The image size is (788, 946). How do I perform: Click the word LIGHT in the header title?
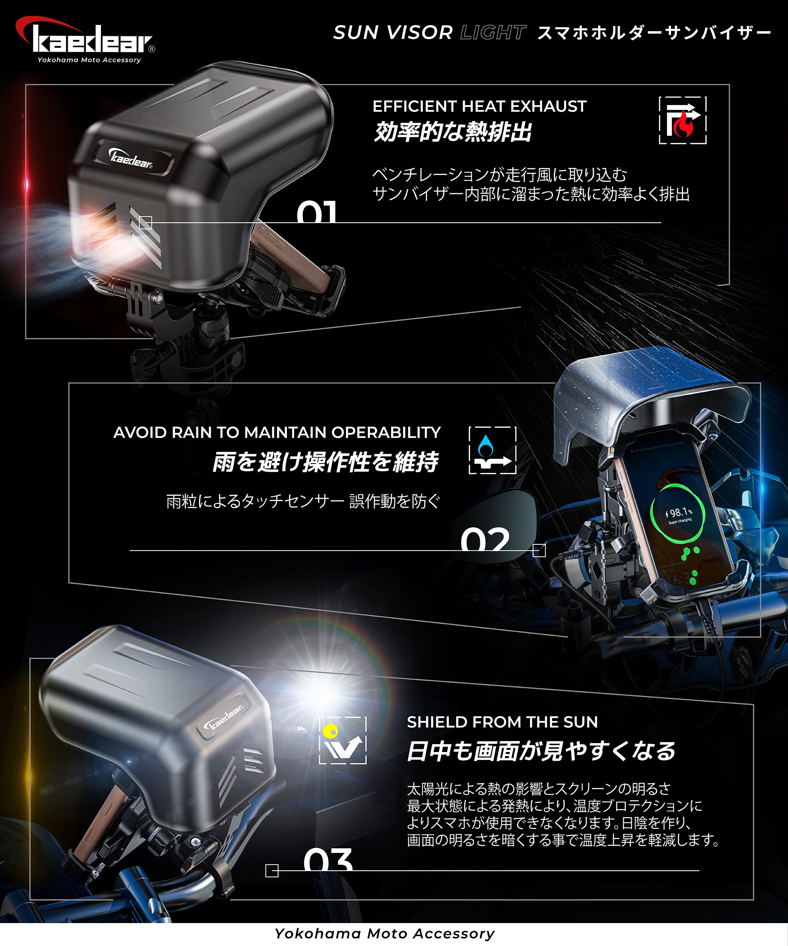(492, 32)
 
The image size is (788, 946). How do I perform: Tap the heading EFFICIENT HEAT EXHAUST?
(479, 106)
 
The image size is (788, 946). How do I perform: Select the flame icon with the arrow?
(683, 121)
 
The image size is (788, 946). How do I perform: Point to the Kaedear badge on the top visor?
(133, 158)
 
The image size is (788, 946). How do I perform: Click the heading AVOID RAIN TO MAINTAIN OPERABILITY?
(277, 432)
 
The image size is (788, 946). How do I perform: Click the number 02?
(485, 539)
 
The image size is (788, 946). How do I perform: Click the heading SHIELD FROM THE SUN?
(502, 722)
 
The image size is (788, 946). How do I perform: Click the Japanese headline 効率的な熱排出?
(453, 132)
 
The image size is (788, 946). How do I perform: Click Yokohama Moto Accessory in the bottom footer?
(385, 934)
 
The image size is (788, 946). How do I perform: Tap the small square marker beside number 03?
(272, 871)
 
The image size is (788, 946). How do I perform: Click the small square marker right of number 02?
(539, 551)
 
